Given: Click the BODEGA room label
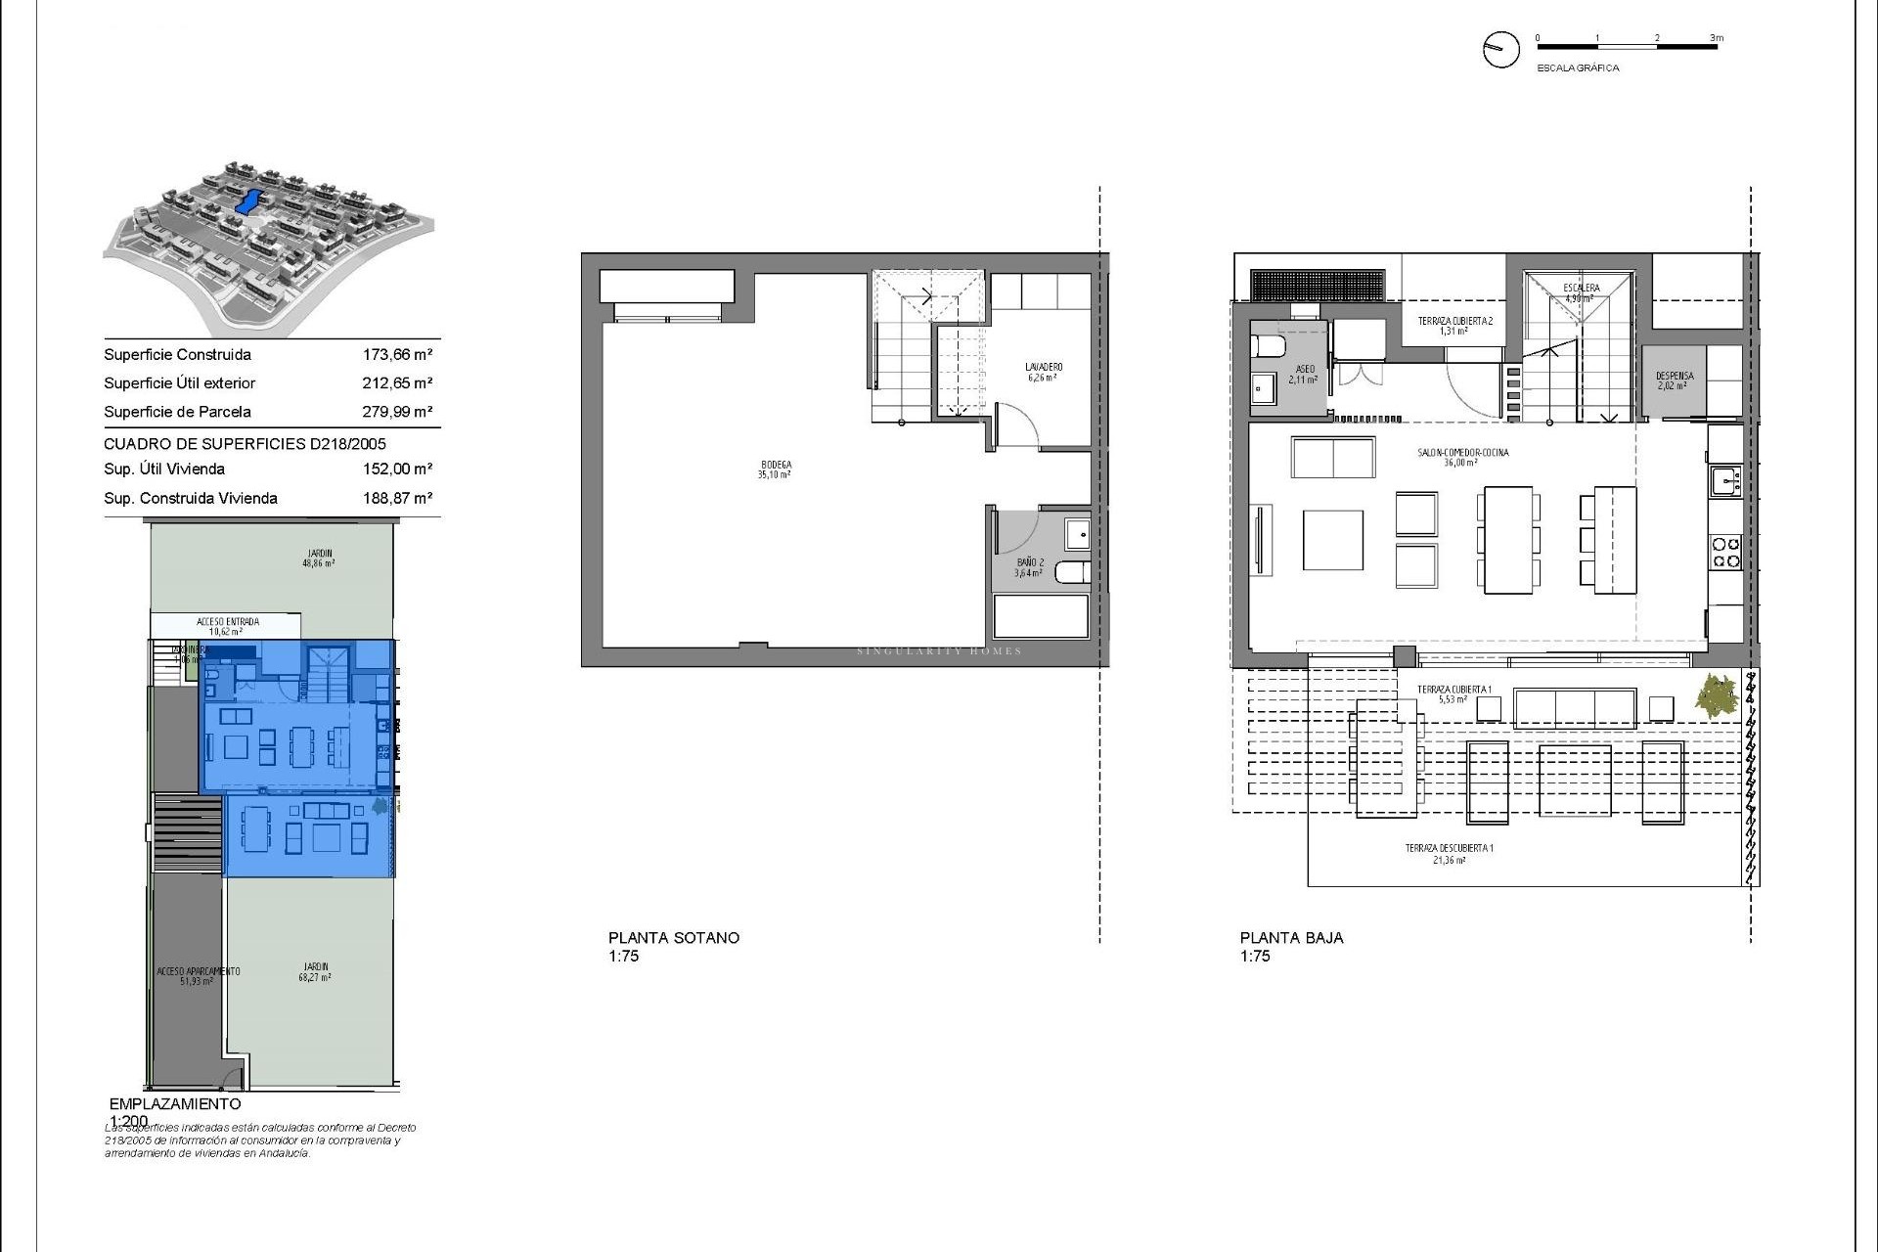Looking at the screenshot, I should point(774,466).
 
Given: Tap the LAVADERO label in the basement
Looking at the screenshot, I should point(1045,368).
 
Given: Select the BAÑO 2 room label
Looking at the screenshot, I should point(1030,563).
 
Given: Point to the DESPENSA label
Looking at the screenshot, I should point(1674,377).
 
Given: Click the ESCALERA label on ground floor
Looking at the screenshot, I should point(1582,289).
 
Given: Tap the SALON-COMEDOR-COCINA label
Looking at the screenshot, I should point(1463,453).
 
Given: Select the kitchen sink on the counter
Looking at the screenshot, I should point(1724,480).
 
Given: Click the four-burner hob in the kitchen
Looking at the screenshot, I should point(1724,553).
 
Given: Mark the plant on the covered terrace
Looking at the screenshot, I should point(1719,697).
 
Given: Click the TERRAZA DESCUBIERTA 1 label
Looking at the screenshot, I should point(1449,849).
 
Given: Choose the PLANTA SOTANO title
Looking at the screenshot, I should point(674,937).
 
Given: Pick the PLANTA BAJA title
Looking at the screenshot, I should point(1291,937).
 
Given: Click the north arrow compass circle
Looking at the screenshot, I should point(1500,49).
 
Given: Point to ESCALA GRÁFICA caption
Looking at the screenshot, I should point(1578,68).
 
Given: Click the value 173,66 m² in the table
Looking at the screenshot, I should point(397,355).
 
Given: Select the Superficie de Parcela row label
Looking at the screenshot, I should point(177,412).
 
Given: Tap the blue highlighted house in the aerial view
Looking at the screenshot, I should point(248,202).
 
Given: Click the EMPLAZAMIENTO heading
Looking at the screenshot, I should point(175,1103).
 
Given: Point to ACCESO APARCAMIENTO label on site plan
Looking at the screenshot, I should point(198,971).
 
